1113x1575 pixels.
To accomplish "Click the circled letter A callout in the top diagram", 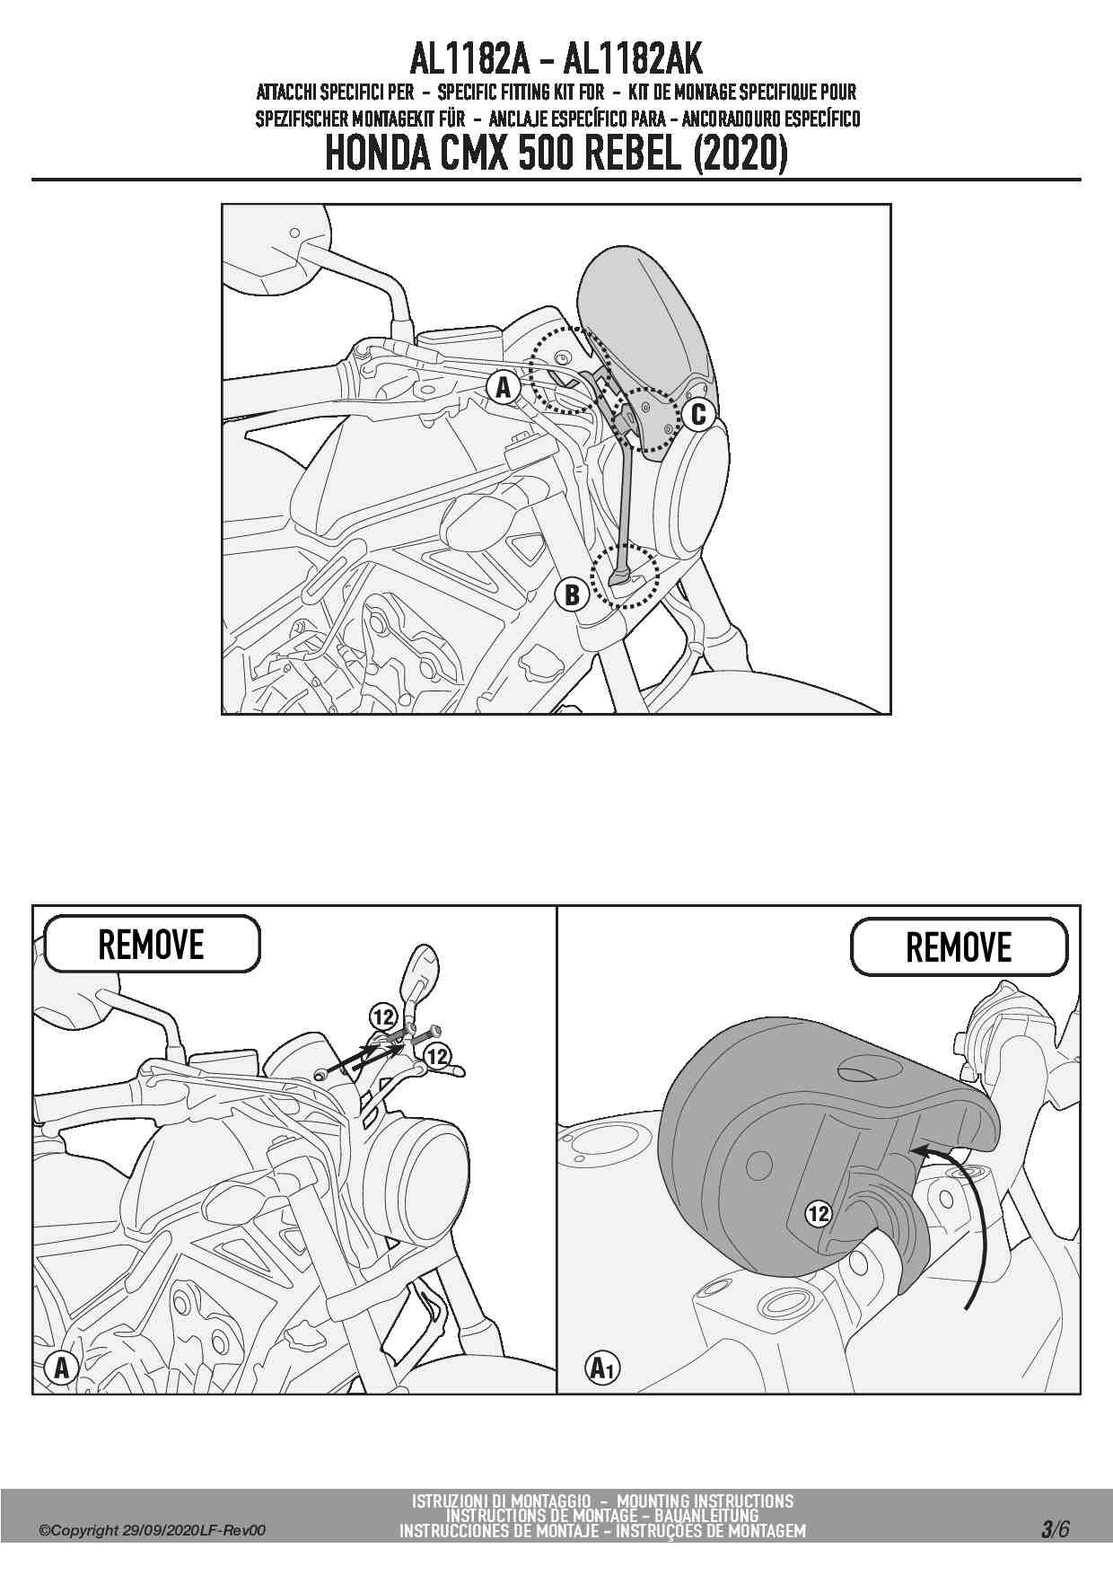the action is coord(504,388).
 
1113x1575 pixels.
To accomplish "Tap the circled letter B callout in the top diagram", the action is coord(572,594).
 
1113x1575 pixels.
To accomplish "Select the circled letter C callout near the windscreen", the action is coord(697,415).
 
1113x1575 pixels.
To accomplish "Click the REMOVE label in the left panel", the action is coord(152,944).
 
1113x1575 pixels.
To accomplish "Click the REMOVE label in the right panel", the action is coord(959,946).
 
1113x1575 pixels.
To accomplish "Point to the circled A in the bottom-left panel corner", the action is coord(61,1368).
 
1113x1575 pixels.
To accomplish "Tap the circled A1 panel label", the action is coord(602,1368).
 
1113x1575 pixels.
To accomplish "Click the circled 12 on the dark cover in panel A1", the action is coord(819,1214).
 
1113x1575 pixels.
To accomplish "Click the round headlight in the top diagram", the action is coord(691,492).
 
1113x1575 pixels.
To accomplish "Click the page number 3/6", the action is coord(1056,1528).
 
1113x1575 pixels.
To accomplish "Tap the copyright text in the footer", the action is coord(153,1531).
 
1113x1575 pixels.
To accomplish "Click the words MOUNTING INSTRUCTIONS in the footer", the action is coord(705,1500).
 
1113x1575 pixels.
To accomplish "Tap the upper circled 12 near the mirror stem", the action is coord(383,1017).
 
